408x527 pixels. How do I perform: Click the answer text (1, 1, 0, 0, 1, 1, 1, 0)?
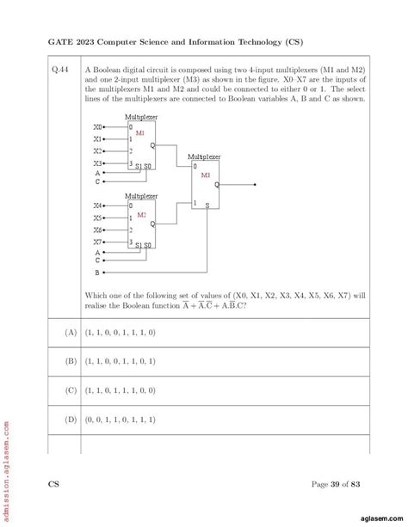(120, 331)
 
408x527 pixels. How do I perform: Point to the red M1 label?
(140, 133)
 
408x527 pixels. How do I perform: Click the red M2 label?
(141, 214)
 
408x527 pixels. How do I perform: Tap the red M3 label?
(206, 175)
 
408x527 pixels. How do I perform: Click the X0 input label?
(98, 126)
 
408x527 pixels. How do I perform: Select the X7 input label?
(98, 242)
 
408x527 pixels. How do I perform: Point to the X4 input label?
(98, 205)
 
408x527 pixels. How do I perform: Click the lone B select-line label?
(97, 272)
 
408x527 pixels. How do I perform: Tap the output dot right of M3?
(256, 184)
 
